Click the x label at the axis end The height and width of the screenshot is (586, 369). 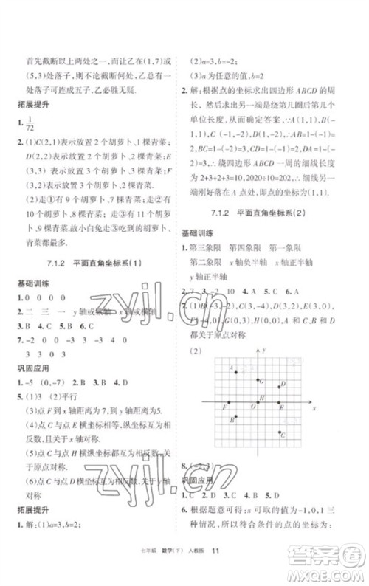coord(314,407)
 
